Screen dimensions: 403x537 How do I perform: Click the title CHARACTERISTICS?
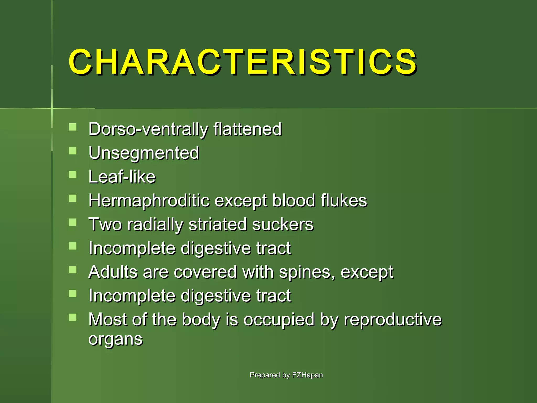pyautogui.click(x=243, y=62)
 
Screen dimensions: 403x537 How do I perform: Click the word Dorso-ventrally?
pyautogui.click(x=148, y=129)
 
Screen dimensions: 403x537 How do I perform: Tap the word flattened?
pyautogui.click(x=248, y=129)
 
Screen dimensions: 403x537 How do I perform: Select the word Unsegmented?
pyautogui.click(x=144, y=153)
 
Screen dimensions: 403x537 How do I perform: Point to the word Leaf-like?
pyautogui.click(x=122, y=177)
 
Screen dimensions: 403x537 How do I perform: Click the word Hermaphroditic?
pyautogui.click(x=149, y=201)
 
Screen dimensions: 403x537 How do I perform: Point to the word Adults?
pyautogui.click(x=113, y=272)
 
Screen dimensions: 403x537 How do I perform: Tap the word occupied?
pyautogui.click(x=279, y=320)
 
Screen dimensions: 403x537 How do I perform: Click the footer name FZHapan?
pyautogui.click(x=307, y=375)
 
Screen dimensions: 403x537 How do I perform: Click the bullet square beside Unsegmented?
pyautogui.click(x=73, y=151)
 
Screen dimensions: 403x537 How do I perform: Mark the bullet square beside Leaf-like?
pyautogui.click(x=73, y=175)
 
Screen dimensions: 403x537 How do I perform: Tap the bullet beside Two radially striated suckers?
pyautogui.click(x=73, y=222)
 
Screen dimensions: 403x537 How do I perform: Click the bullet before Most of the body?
pyautogui.click(x=73, y=317)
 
